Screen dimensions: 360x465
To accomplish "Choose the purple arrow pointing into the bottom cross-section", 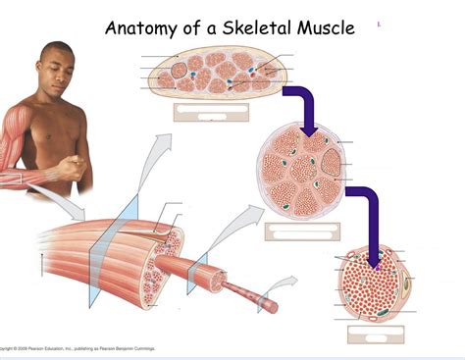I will coord(367,216).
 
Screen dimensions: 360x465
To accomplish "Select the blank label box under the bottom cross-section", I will coord(374,334).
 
